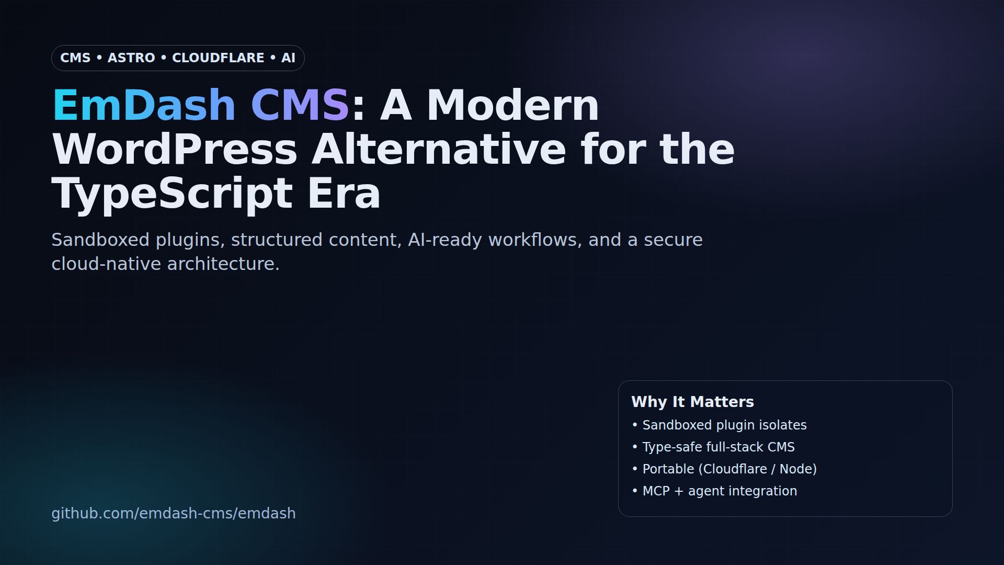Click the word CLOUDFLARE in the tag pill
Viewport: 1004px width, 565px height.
tap(218, 58)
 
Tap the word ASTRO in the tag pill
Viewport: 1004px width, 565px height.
tap(131, 58)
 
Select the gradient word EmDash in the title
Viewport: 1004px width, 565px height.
tap(144, 105)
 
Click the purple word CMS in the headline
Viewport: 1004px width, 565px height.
tap(300, 105)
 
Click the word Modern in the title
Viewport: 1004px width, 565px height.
tap(512, 105)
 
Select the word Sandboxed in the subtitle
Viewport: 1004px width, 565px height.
tap(100, 240)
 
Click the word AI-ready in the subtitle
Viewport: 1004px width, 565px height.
tap(444, 240)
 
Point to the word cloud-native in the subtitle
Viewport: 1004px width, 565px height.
tap(106, 264)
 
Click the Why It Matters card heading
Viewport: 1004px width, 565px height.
tap(692, 402)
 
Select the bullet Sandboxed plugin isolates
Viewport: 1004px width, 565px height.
tap(724, 425)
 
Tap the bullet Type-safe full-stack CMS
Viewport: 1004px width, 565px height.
tap(718, 447)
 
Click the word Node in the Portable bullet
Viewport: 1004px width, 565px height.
tap(795, 469)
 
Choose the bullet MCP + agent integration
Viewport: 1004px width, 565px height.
tap(720, 491)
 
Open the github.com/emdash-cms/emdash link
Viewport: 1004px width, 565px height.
tap(174, 513)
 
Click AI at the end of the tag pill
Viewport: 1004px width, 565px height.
tap(288, 58)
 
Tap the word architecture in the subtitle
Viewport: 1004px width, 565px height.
tap(223, 264)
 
